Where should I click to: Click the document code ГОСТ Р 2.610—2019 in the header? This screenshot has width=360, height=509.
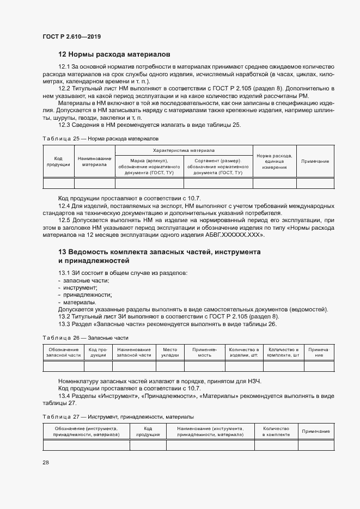coord(71,36)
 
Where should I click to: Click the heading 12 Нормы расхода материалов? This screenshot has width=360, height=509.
coord(114,54)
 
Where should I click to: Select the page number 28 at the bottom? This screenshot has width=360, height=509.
coord(46,462)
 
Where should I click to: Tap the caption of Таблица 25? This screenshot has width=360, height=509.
coord(100,139)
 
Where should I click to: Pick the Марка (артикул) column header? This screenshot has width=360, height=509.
coord(149,166)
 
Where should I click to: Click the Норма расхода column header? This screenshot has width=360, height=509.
coord(274,161)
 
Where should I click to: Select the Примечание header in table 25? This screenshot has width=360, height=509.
coord(315,161)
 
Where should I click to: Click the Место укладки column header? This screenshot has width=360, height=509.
coord(170,352)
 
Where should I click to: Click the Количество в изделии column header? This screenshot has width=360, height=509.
coord(243,352)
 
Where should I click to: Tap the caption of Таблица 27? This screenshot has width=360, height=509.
coord(118,416)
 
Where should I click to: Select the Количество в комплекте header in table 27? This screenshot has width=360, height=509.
coord(276,432)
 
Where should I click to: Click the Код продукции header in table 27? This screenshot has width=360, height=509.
coord(148,432)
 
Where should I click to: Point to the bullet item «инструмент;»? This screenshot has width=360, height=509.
coord(80,287)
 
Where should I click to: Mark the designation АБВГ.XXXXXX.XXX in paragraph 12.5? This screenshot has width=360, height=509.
coord(234,235)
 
